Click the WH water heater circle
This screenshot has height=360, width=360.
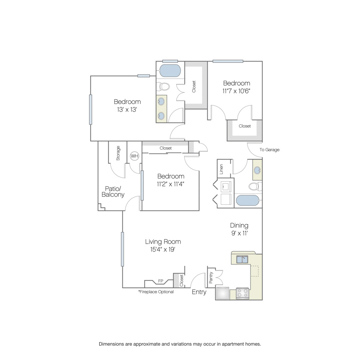point(134,156)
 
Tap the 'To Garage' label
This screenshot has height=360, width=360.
point(270,150)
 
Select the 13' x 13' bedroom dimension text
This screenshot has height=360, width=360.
point(127,110)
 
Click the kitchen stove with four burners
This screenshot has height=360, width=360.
point(242,293)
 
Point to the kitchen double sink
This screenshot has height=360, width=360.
point(242,260)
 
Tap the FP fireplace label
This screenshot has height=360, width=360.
point(160,281)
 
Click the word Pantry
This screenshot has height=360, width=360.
point(211,278)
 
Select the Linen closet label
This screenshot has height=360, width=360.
point(221,169)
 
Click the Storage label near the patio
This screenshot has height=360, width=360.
point(118,153)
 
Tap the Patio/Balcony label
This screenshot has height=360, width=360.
point(113,192)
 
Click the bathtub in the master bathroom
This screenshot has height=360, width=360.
point(170,70)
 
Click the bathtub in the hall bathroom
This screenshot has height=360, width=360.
point(248,200)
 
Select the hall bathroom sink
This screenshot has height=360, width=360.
point(257,170)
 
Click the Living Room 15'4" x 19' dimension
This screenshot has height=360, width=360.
point(163,249)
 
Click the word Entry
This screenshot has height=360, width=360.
point(199,292)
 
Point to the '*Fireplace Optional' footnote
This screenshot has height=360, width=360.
point(156,292)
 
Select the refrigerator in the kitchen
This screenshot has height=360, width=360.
point(222,293)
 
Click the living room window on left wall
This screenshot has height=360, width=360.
point(122,249)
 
